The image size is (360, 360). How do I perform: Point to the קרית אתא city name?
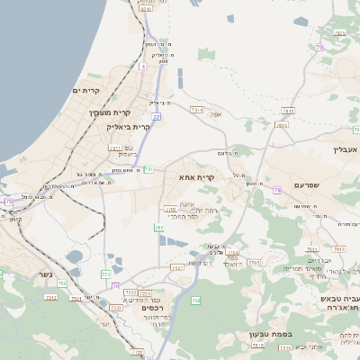[197, 178]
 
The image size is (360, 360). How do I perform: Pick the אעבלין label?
[346, 149]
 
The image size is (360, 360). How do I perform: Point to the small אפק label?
[215, 114]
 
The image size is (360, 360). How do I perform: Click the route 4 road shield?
[142, 67]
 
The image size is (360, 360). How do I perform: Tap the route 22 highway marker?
[157, 116]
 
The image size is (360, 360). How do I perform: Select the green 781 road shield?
[148, 168]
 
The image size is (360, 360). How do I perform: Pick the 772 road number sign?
[105, 273]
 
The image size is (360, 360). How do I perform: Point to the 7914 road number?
[197, 110]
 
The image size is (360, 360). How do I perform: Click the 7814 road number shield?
[283, 126]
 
